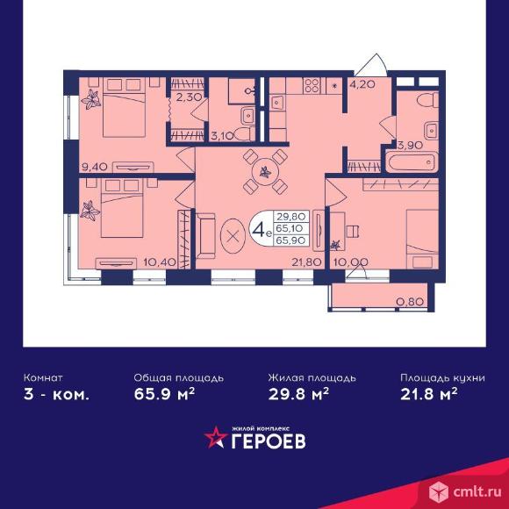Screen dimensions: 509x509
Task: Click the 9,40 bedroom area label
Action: point(94,167)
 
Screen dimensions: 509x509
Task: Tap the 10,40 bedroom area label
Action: point(160,262)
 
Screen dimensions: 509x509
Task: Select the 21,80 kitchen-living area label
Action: point(306,262)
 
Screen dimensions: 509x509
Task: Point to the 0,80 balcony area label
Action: point(411,302)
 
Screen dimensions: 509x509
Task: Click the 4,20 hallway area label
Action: point(362,85)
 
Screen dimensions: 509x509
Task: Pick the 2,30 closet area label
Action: point(190,97)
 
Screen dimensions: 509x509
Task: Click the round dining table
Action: point(265,172)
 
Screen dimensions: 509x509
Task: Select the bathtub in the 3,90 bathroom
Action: point(412,161)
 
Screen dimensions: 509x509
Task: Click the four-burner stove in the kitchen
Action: point(312,85)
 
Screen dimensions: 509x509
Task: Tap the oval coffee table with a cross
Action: point(233,236)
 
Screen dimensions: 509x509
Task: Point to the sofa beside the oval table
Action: point(205,236)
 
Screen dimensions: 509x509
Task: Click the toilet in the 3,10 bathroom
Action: point(244,134)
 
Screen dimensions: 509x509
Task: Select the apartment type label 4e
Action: point(262,230)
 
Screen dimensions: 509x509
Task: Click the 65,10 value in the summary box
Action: point(290,228)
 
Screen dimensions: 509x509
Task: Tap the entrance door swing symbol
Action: point(372,65)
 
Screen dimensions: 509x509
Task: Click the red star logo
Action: point(216,437)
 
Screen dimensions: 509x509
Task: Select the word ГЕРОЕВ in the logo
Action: point(269,441)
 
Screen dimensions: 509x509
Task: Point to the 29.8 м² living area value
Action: point(298,394)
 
